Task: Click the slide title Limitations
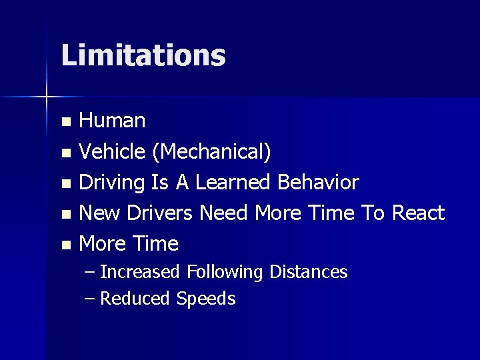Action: point(143,55)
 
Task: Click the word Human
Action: point(112,121)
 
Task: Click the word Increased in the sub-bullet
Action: point(140,272)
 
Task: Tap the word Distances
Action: point(309,272)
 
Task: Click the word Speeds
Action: point(206,299)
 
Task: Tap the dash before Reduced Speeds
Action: point(91,299)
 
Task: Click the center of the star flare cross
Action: point(46,97)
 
